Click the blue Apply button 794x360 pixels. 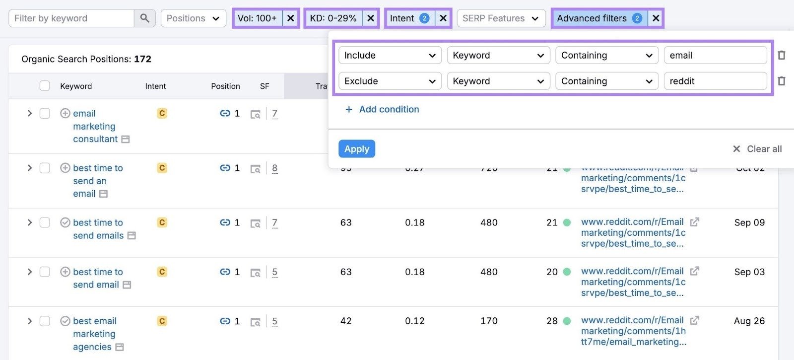(356, 149)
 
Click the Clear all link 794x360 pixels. (757, 149)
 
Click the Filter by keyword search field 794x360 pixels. (71, 18)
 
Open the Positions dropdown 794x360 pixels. (193, 18)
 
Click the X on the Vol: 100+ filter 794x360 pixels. (291, 18)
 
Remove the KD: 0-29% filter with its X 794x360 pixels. (371, 18)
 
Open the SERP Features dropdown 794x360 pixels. (500, 18)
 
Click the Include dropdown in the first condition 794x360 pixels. (390, 55)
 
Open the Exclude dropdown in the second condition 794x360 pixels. (390, 81)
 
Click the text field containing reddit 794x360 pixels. (715, 81)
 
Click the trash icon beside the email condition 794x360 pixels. (782, 55)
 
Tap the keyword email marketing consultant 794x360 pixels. (94, 126)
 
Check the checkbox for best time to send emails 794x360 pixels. (45, 222)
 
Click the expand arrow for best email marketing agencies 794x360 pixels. (30, 321)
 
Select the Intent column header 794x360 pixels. (155, 86)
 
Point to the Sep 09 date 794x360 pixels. (749, 222)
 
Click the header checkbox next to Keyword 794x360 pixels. (45, 86)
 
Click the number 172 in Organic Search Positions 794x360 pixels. (142, 59)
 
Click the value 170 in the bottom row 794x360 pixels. (489, 321)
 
